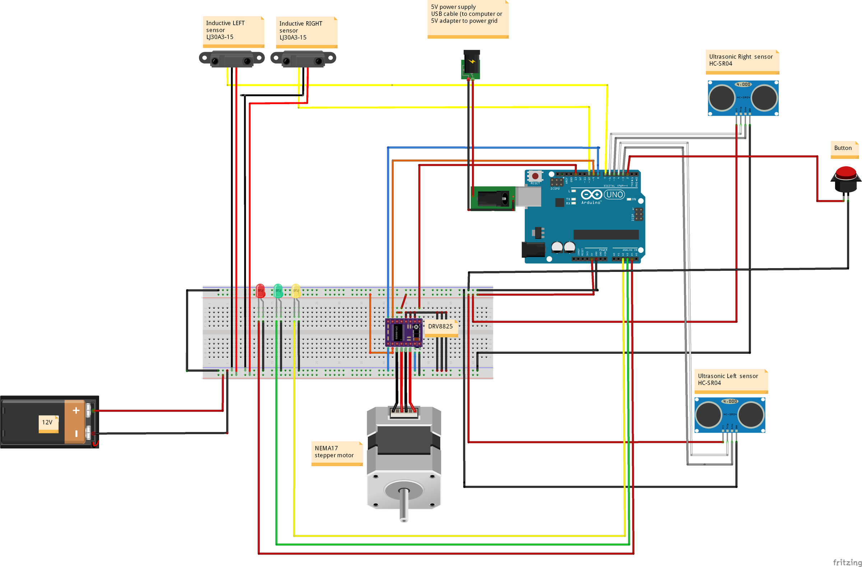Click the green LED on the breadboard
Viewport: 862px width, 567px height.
pyautogui.click(x=278, y=291)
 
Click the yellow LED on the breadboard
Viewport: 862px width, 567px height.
pyautogui.click(x=296, y=291)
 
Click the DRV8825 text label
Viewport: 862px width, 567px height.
pyautogui.click(x=440, y=326)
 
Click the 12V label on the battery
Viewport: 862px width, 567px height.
pyautogui.click(x=47, y=422)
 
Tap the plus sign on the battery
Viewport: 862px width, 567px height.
pyautogui.click(x=76, y=410)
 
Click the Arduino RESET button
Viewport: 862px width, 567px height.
pyautogui.click(x=535, y=176)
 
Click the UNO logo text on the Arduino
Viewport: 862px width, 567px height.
pyautogui.click(x=615, y=195)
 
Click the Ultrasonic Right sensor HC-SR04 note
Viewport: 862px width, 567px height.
pyautogui.click(x=741, y=60)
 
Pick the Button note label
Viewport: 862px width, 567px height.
pyautogui.click(x=843, y=148)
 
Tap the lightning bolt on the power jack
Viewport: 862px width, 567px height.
pyautogui.click(x=472, y=61)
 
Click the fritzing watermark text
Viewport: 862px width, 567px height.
pyautogui.click(x=847, y=562)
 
